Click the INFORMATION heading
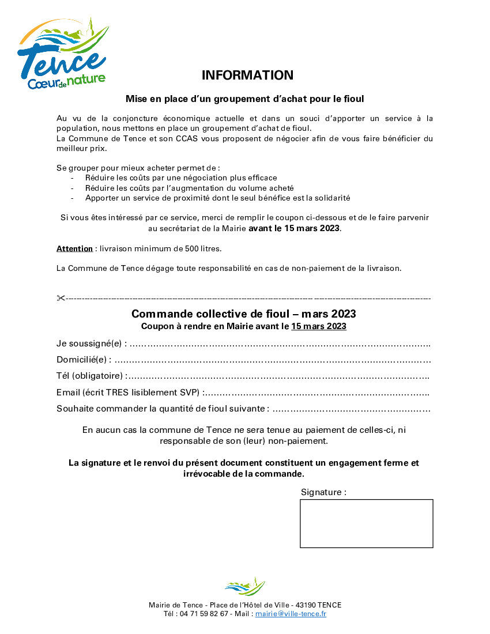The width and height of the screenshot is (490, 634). (247, 75)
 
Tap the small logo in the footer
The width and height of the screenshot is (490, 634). (245, 587)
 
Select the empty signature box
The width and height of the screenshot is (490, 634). (366, 523)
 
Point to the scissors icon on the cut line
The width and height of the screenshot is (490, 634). (61, 298)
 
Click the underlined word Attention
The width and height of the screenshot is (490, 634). (74, 248)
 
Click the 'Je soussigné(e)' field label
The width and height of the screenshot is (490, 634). (91, 344)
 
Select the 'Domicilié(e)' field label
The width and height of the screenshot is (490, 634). (84, 360)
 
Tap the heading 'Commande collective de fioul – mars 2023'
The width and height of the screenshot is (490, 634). (243, 314)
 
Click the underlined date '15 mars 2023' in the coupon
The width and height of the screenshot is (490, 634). (318, 326)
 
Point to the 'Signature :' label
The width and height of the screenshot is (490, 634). (323, 492)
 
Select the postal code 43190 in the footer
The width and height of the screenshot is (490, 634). (306, 605)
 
